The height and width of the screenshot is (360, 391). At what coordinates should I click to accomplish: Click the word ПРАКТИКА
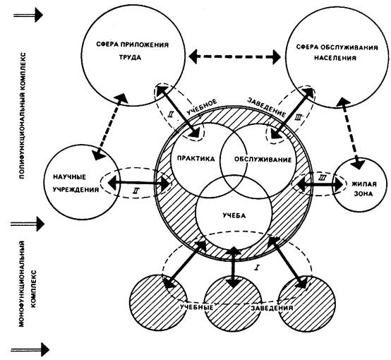[x=195, y=159]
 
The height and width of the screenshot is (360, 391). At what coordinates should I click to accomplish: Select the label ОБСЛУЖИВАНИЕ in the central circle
[x=263, y=160]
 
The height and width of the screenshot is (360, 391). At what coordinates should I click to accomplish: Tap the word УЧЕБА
[x=234, y=215]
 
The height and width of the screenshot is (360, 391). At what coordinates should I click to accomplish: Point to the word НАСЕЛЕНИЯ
[x=335, y=58]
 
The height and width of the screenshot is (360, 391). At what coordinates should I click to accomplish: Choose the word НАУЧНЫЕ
[x=70, y=177]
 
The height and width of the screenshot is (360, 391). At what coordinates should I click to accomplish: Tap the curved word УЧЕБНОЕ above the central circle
[x=202, y=107]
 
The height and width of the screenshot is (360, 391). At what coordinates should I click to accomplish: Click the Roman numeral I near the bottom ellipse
[x=257, y=268]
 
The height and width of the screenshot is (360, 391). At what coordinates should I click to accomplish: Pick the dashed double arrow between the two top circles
[x=234, y=56]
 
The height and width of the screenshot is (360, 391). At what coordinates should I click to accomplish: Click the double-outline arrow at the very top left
[x=28, y=15]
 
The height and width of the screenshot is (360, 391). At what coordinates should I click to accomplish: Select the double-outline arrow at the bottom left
[x=30, y=349]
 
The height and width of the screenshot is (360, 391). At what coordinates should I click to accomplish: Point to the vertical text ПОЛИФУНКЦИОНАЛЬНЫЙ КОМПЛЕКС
[x=22, y=116]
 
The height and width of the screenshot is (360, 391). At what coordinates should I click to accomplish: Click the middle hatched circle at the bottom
[x=233, y=304]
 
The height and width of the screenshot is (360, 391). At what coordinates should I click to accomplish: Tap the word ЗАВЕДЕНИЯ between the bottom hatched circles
[x=272, y=308]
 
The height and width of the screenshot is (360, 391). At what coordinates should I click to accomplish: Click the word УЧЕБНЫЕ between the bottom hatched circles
[x=197, y=307]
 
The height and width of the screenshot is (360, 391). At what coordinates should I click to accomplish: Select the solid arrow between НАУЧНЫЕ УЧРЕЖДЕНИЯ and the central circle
[x=139, y=184]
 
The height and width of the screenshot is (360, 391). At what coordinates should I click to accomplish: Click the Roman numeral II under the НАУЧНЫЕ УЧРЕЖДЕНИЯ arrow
[x=136, y=191]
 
